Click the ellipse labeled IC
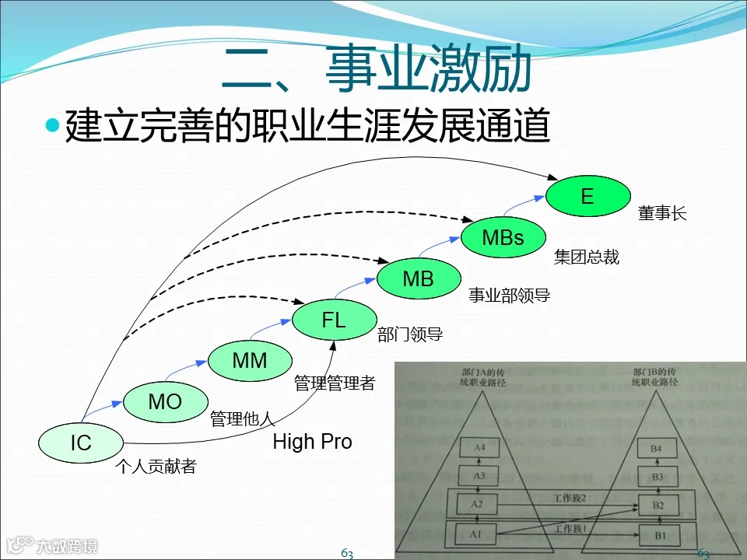click(x=81, y=443)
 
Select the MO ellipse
click(x=165, y=401)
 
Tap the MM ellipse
click(x=250, y=360)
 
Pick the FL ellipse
click(x=334, y=319)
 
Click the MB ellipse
click(x=418, y=278)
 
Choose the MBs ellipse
click(x=503, y=237)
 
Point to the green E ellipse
click(x=587, y=196)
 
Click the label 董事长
click(x=663, y=214)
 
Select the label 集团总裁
click(x=587, y=257)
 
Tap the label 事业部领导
click(x=509, y=296)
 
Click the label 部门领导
click(x=410, y=335)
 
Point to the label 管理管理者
click(x=335, y=383)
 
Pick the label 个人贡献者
click(x=156, y=467)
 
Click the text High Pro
click(x=312, y=442)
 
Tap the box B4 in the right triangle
click(x=657, y=448)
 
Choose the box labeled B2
click(x=657, y=506)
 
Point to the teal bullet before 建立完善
click(x=53, y=124)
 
